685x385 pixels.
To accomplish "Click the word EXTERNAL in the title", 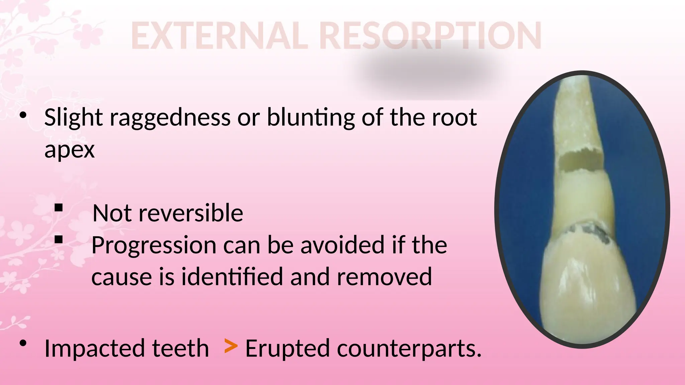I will click(x=219, y=36).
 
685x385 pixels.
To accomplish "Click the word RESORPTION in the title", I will click(x=430, y=36).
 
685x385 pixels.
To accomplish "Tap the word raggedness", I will click(x=170, y=118).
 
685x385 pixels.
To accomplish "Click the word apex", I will click(x=70, y=150).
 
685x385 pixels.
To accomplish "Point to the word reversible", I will click(x=191, y=213).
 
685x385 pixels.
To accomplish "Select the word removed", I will click(x=384, y=277).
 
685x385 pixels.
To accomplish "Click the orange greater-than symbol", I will click(x=231, y=346).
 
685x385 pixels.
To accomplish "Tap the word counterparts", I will click(x=409, y=348).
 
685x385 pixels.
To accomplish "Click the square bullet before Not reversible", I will click(x=59, y=208).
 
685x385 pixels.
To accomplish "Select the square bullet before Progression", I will click(x=59, y=239).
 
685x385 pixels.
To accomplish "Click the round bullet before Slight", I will click(x=23, y=115).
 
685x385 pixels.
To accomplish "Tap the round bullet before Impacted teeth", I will click(x=23, y=343).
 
